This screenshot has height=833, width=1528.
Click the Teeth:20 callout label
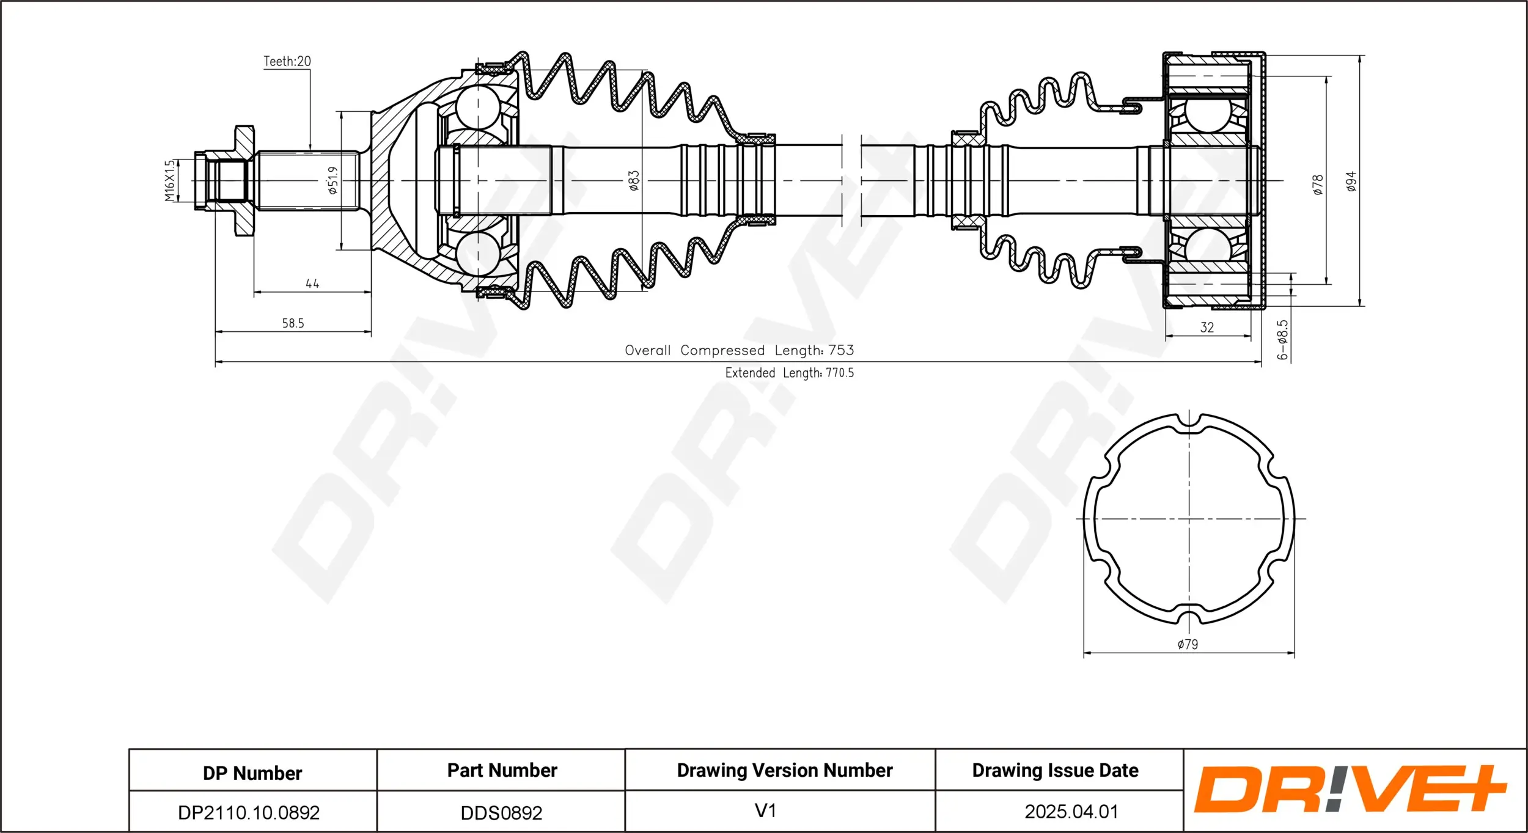click(287, 61)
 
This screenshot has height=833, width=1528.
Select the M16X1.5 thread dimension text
click(170, 180)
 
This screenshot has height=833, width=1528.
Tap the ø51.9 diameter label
click(332, 180)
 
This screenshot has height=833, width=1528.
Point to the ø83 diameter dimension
click(634, 180)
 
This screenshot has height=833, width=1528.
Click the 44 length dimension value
click(312, 284)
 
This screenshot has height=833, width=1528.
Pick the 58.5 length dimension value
click(293, 323)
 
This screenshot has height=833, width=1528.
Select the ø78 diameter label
click(1318, 185)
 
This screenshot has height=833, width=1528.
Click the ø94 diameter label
click(1351, 182)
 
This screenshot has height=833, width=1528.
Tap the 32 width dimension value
click(1207, 328)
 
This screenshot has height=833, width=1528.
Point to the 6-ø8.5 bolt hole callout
click(1282, 339)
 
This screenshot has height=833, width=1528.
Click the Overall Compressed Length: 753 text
click(739, 351)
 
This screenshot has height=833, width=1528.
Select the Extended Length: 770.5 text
click(789, 373)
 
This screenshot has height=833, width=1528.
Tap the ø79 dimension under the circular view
click(1188, 645)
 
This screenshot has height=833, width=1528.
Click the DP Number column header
click(252, 773)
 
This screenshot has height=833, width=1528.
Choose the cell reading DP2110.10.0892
click(249, 812)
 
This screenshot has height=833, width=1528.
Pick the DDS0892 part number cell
click(501, 813)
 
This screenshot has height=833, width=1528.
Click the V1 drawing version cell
click(765, 811)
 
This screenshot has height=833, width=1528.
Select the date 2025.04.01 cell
click(1071, 812)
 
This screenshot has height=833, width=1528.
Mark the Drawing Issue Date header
click(1055, 771)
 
